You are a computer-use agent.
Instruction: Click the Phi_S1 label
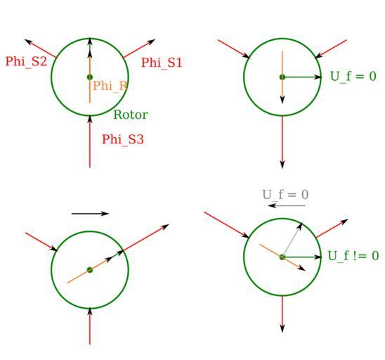162,63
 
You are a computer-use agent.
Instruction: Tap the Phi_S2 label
26,62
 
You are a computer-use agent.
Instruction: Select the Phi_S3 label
123,140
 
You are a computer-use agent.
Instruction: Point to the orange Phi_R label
110,86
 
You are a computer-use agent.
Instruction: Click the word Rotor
131,115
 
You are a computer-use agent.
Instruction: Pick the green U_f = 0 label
353,77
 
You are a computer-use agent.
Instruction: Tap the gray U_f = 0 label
285,195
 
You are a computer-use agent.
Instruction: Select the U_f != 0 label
353,256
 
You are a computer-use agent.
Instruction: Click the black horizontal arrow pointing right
90,214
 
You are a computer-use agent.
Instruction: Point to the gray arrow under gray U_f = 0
287,205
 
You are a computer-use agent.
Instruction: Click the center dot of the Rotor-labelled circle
90,77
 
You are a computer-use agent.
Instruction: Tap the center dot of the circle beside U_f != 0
282,257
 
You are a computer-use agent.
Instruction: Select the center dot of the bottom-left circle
90,270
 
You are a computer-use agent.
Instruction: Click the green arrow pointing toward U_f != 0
302,257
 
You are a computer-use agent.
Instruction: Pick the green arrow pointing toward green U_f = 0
302,77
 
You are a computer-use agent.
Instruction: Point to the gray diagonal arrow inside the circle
292,240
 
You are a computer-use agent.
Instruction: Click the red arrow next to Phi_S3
90,141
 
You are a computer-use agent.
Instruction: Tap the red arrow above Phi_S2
40,49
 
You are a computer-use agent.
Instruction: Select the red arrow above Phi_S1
139,49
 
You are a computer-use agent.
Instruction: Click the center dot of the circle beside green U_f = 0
282,77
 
